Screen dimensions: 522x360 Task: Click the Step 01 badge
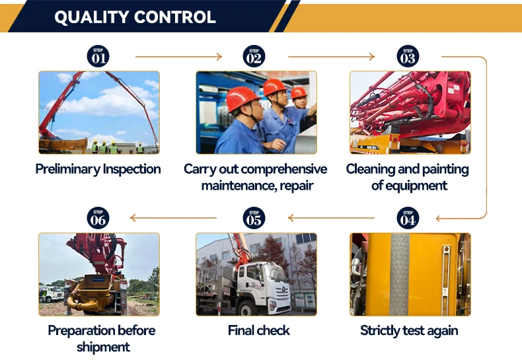coord(98,56)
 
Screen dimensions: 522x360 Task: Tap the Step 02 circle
coord(254,56)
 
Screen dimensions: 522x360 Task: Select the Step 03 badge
coord(408,56)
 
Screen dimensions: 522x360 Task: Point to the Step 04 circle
coord(408,218)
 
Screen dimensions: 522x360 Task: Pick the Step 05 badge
coord(254,218)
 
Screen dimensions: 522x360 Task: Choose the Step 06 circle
coord(98,218)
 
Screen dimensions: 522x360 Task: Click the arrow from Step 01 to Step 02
coord(179,57)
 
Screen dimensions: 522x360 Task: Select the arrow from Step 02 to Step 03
coord(331,57)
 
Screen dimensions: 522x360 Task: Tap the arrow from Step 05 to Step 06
coord(173,218)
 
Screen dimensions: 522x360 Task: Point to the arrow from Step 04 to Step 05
coord(331,218)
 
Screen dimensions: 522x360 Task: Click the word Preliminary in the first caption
coord(67,169)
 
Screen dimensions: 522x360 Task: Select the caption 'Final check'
coord(258,330)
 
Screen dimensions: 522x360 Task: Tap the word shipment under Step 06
coord(103,347)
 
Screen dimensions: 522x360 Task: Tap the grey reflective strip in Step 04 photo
coord(399,275)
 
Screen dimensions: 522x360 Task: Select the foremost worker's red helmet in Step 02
coord(241,98)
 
